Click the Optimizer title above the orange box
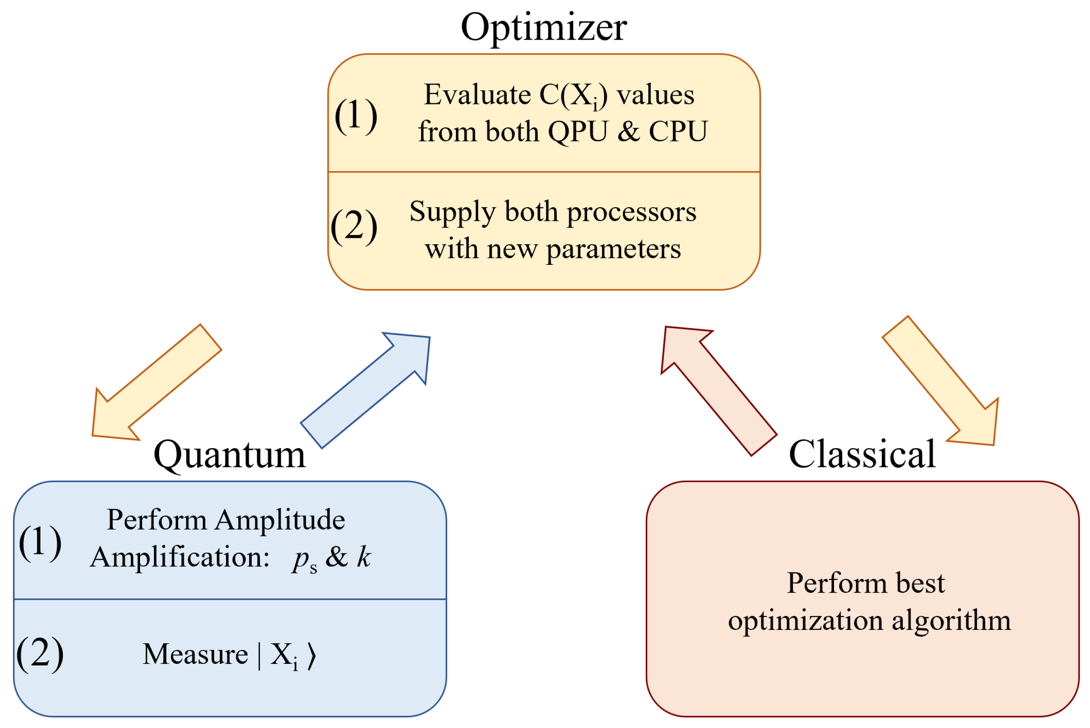coord(544,28)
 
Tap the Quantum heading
coord(230,455)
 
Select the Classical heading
coord(862,454)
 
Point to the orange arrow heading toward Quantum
coord(156,384)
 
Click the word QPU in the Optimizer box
coord(578,131)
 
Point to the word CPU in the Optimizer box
coord(678,131)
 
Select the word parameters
coord(613,249)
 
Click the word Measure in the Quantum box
coord(195,654)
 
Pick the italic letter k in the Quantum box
coord(364,556)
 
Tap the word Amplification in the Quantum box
coord(180,557)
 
